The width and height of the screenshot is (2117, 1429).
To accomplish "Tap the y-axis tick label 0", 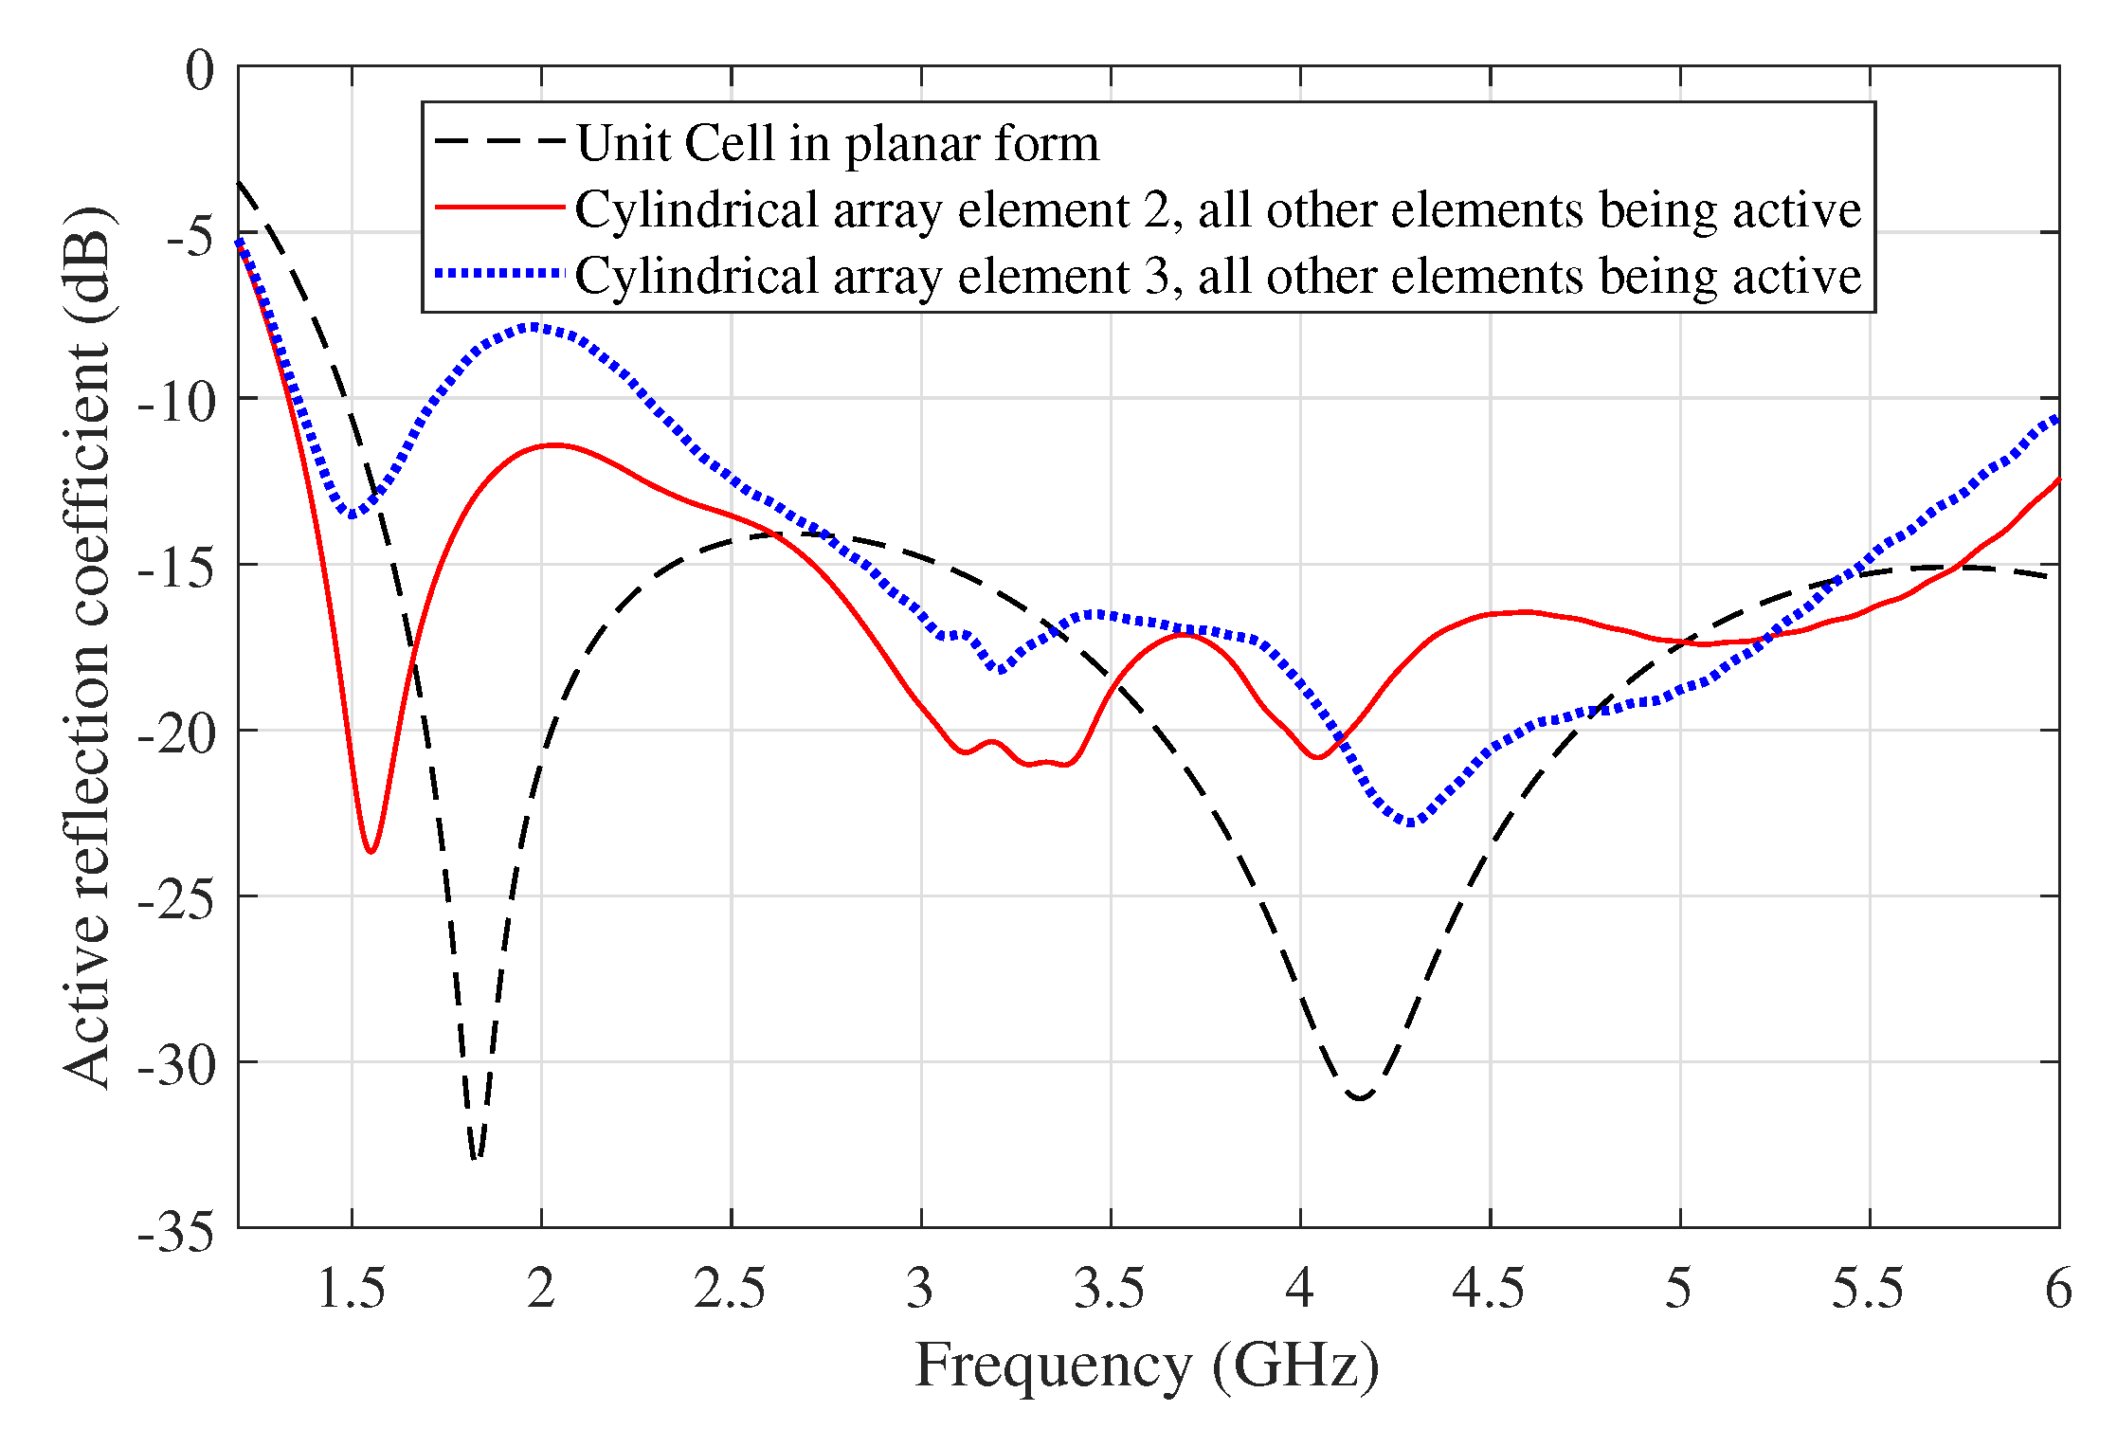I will pyautogui.click(x=199, y=70).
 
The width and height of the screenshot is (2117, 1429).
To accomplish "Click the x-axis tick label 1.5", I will pyautogui.click(x=351, y=1289).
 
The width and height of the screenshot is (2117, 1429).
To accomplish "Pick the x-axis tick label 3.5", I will pyautogui.click(x=1109, y=1289).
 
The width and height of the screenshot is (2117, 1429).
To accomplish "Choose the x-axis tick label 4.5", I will pyautogui.click(x=1489, y=1289).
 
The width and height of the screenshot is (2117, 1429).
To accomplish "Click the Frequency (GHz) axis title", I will pyautogui.click(x=1147, y=1366).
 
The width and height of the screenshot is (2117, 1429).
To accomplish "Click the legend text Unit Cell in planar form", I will pyautogui.click(x=838, y=143).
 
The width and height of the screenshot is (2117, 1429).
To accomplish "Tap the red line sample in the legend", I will pyautogui.click(x=499, y=208).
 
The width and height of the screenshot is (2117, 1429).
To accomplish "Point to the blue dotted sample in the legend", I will pyautogui.click(x=499, y=274).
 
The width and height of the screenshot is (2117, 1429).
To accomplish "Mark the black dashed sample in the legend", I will pyautogui.click(x=499, y=142).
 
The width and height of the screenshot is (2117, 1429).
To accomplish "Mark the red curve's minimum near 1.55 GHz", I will pyautogui.click(x=371, y=851).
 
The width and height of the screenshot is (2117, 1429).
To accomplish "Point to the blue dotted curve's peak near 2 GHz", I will pyautogui.click(x=535, y=327).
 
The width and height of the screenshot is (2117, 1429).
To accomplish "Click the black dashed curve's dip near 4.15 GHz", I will pyautogui.click(x=1361, y=1097).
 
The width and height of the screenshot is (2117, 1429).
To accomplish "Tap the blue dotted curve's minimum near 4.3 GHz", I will pyautogui.click(x=1410, y=823).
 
